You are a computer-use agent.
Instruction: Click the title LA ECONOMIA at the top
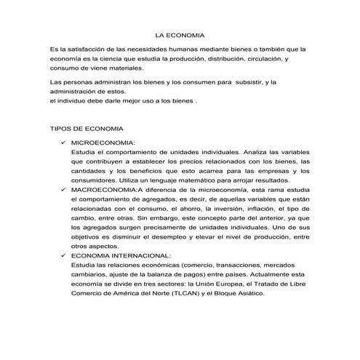point(180,35)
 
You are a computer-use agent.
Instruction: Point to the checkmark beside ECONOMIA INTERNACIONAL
point(64,255)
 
